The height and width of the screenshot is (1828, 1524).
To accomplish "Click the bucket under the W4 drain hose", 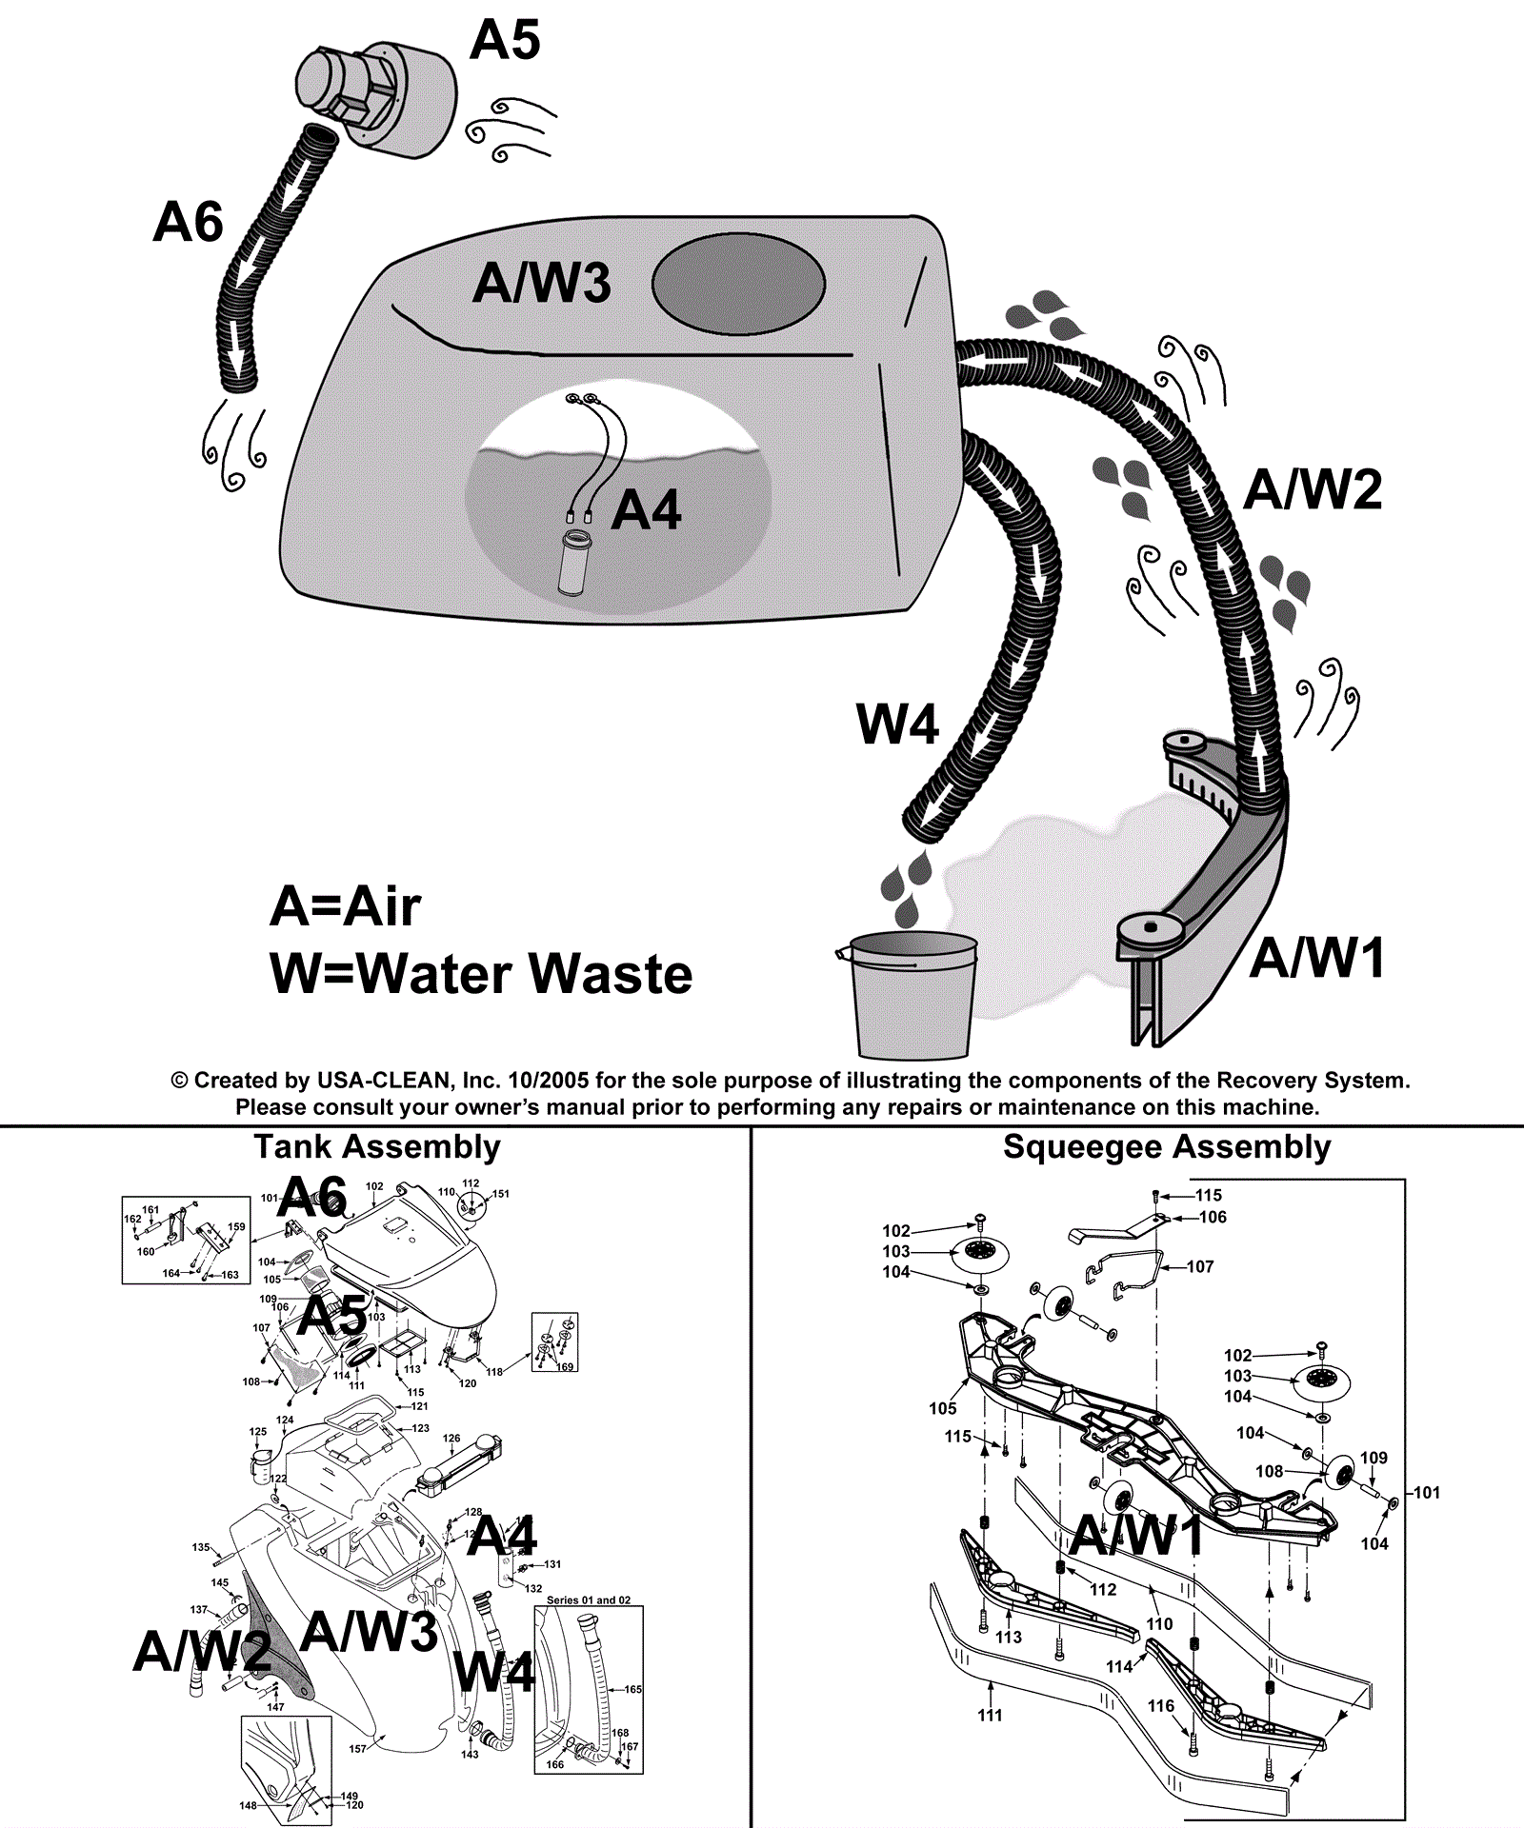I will click(x=912, y=998).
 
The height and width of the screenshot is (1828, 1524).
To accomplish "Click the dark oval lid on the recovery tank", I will click(x=738, y=286).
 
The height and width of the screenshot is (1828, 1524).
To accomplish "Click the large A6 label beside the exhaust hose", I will click(x=188, y=222).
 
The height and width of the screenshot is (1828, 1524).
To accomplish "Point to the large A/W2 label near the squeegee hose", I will click(x=1313, y=489).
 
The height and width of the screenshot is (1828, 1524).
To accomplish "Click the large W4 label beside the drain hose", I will click(x=897, y=725).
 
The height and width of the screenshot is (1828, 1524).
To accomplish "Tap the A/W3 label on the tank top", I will click(x=541, y=283).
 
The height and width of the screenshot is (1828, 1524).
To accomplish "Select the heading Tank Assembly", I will click(x=376, y=1147).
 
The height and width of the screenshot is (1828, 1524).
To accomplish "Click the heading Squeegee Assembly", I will click(x=1167, y=1147).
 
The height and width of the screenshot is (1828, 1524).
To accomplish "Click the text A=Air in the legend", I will click(x=345, y=906).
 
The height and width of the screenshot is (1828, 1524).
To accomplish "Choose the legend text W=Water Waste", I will click(x=481, y=974).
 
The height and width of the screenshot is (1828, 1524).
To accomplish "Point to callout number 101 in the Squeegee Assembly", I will click(x=1426, y=1492).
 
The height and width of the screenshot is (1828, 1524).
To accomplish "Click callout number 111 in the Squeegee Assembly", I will click(x=990, y=1715).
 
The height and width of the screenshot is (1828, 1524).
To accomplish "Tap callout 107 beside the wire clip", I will click(x=1200, y=1266).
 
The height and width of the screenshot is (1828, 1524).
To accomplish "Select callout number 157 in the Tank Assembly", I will click(x=358, y=1748).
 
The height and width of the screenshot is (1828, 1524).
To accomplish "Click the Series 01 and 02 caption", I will click(x=588, y=1600).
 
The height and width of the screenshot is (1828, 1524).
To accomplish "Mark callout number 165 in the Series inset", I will click(x=632, y=1689).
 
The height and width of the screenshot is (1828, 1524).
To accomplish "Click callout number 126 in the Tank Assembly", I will click(x=451, y=1439).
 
